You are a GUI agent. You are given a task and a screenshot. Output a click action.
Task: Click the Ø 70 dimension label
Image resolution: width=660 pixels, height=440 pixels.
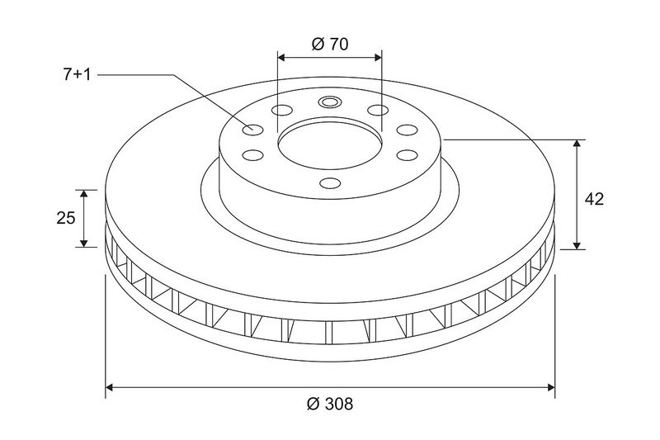[x=330, y=44]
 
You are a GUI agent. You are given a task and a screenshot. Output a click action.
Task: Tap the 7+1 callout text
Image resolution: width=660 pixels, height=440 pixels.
[x=77, y=75]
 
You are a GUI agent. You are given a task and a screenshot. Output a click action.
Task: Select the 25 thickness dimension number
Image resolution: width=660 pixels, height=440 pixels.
[x=66, y=218]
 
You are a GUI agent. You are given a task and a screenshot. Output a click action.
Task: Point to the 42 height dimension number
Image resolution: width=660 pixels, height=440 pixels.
[x=594, y=199]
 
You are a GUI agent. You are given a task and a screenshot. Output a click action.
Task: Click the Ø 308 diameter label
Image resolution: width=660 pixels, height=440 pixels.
[x=330, y=404]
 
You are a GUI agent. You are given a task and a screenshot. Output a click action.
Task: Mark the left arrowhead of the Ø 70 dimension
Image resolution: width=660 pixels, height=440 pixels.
[x=281, y=57]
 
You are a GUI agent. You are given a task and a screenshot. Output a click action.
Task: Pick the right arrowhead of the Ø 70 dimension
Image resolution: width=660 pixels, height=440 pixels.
[x=377, y=57]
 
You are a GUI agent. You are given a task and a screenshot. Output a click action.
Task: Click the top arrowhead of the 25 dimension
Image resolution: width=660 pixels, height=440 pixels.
[x=84, y=194]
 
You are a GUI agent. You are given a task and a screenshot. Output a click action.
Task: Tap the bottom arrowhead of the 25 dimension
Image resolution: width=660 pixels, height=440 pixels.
[x=84, y=243]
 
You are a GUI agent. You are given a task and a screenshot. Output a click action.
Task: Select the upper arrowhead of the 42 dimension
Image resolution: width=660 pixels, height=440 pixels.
[x=577, y=144]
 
